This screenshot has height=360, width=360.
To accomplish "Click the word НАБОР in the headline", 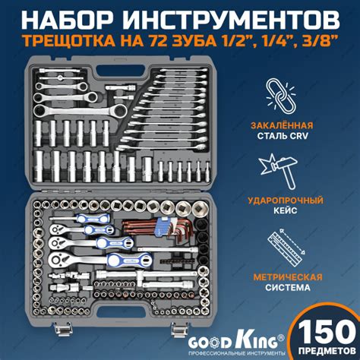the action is tap(66, 20).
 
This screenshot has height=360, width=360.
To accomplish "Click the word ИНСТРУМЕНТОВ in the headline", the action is tap(232, 20).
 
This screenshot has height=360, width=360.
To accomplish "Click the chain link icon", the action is tap(280, 95).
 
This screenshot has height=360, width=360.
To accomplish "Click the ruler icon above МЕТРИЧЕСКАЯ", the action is tap(286, 248).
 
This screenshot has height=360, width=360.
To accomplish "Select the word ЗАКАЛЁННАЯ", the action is tap(282, 125).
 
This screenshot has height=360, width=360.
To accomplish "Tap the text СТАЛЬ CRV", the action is tap(283, 136).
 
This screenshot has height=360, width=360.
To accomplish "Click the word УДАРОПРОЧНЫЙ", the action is tap(286, 201).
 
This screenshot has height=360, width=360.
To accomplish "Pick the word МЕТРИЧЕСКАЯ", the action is tap(288, 277).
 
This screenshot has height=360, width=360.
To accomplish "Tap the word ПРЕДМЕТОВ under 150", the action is tap(327, 351).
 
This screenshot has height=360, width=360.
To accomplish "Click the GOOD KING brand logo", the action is tap(236, 342).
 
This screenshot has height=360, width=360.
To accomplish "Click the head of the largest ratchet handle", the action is tap(61, 259).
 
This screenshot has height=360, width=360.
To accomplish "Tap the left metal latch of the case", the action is tap(61, 329).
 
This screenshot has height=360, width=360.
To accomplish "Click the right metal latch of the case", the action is tap(179, 329).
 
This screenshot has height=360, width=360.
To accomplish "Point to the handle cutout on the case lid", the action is tap(121, 71).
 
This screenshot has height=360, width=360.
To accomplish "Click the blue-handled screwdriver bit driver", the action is tap(80, 218).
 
